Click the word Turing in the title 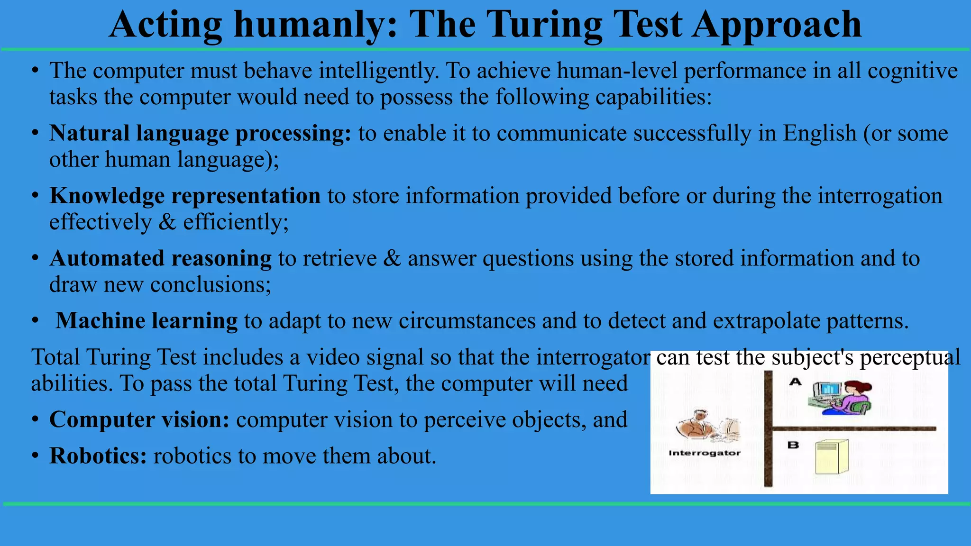545,25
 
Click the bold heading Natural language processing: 200,133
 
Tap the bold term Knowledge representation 185,196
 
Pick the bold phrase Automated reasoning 160,259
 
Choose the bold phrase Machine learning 147,321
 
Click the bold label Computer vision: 139,419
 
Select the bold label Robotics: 98,456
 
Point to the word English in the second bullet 819,133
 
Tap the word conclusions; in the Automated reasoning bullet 211,285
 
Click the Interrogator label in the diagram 705,453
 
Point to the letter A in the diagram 795,382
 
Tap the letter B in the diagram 793,445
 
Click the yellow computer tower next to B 832,457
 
